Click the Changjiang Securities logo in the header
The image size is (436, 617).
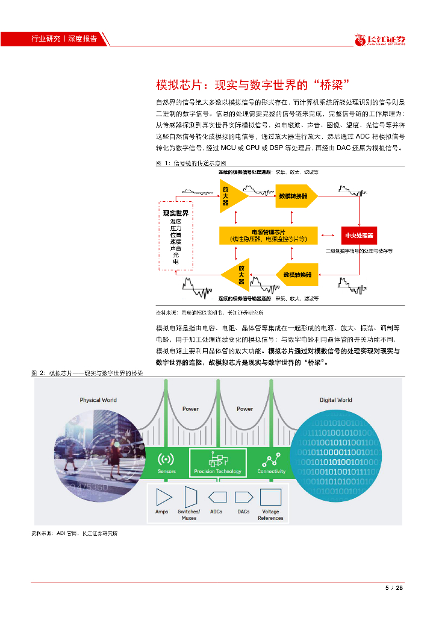tap(379, 40)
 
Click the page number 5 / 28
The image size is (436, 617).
tap(393, 589)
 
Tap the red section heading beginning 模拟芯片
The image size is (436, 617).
tap(253, 83)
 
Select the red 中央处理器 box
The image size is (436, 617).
tap(358, 235)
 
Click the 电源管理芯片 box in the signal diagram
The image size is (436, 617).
tap(269, 235)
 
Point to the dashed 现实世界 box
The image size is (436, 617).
tap(175, 235)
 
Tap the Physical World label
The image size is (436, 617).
tap(98, 400)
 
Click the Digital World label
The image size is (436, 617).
tap(335, 400)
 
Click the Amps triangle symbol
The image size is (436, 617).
tap(163, 497)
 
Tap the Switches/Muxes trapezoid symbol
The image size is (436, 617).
tap(190, 497)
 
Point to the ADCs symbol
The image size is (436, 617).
tap(217, 497)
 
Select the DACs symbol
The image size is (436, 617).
tap(243, 497)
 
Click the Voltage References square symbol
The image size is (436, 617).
tap(270, 497)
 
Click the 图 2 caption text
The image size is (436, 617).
tap(87, 374)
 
